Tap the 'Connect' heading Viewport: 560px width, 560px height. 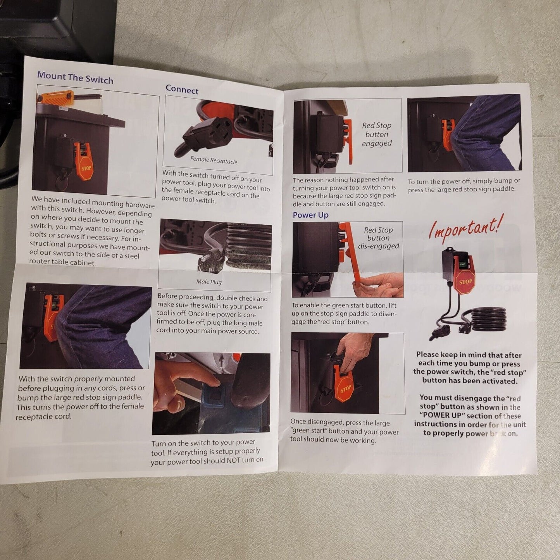click(182, 90)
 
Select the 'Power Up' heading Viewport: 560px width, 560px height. click(310, 215)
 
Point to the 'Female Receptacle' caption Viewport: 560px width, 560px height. click(214, 160)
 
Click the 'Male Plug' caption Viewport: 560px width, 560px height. click(208, 282)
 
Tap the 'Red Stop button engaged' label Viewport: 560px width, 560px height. click(377, 134)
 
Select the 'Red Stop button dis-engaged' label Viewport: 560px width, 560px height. click(378, 238)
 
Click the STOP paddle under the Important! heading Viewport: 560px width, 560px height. click(465, 282)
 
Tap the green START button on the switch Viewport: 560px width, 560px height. click(462, 264)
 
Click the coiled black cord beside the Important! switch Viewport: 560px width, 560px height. click(488, 319)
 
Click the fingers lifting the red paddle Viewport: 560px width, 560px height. click(378, 285)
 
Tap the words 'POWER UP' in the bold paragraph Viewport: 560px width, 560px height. click(443, 415)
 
